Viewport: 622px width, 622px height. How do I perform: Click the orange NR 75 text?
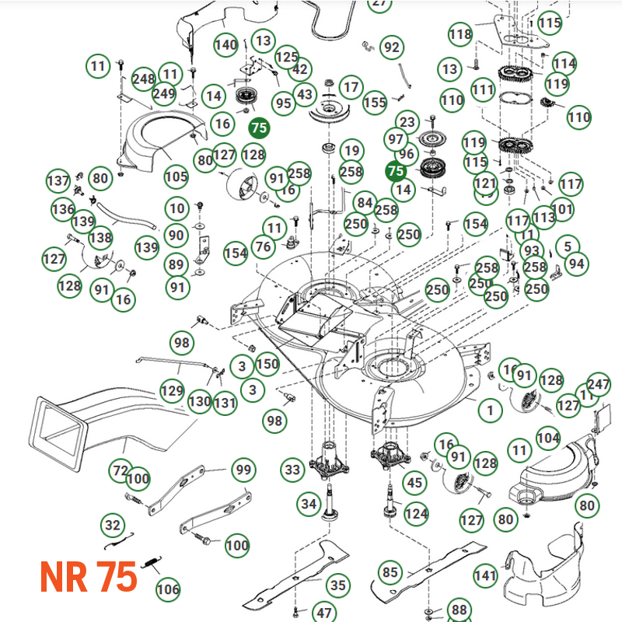(88, 577)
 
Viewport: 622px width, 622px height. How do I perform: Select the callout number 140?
(225, 45)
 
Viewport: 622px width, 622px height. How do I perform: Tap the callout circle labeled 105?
(176, 176)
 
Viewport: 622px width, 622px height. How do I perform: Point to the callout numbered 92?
(392, 47)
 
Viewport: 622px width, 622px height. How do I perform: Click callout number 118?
(460, 34)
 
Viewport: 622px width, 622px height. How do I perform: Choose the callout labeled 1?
(490, 410)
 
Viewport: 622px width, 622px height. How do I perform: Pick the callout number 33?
(292, 470)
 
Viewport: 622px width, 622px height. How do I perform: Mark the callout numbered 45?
(415, 483)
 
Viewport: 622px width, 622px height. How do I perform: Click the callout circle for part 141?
(485, 576)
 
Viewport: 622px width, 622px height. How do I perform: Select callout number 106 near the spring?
(168, 589)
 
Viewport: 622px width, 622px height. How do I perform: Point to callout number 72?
(120, 470)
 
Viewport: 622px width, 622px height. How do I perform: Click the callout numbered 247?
(598, 384)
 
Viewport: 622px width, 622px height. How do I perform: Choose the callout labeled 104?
(548, 439)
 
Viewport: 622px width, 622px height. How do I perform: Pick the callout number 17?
(351, 86)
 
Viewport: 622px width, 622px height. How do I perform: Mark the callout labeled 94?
(576, 264)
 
